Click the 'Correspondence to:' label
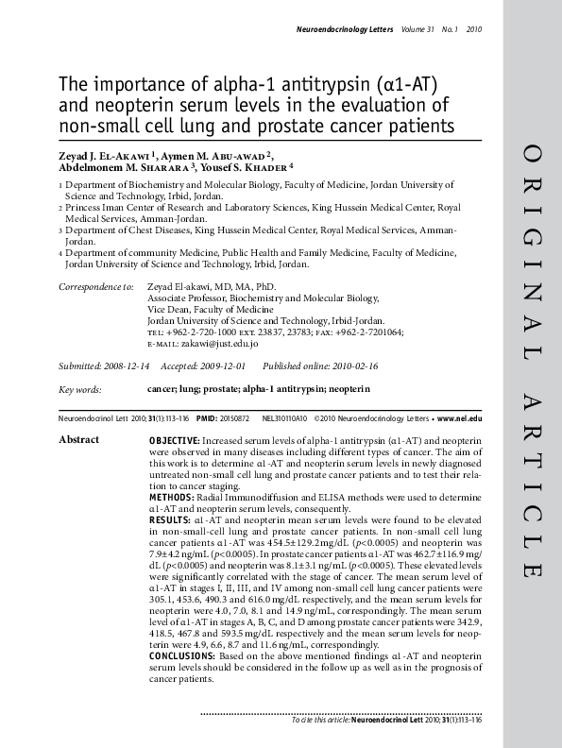click(x=96, y=286)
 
